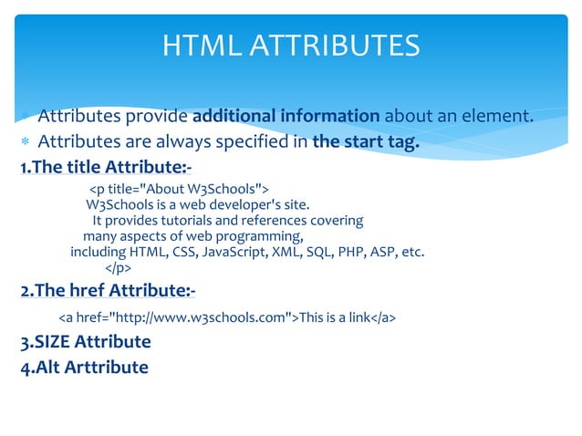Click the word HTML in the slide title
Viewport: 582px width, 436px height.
[193, 45]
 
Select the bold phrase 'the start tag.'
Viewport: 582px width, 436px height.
[366, 141]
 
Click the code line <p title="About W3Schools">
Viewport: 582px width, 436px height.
[179, 188]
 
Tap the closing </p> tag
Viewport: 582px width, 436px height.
[119, 268]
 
